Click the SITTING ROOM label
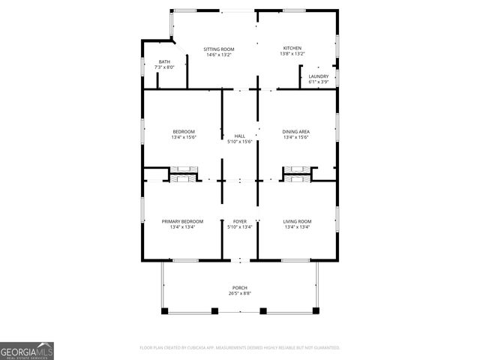click(219, 49)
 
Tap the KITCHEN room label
click(292, 48)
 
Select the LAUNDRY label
click(318, 76)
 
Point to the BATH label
click(164, 61)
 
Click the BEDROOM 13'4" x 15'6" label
click(183, 131)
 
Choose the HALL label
click(240, 136)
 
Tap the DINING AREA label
click(296, 131)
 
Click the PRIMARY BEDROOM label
click(183, 221)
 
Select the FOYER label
click(240, 221)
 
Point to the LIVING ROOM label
click(296, 221)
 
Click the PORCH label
click(240, 287)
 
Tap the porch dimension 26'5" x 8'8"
click(240, 293)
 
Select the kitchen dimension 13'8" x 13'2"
click(292, 54)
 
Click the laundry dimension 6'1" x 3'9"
click(318, 82)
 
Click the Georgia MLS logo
click(27, 350)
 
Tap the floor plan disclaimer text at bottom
click(240, 348)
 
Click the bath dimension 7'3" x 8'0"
click(164, 67)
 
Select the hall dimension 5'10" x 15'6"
click(240, 142)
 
